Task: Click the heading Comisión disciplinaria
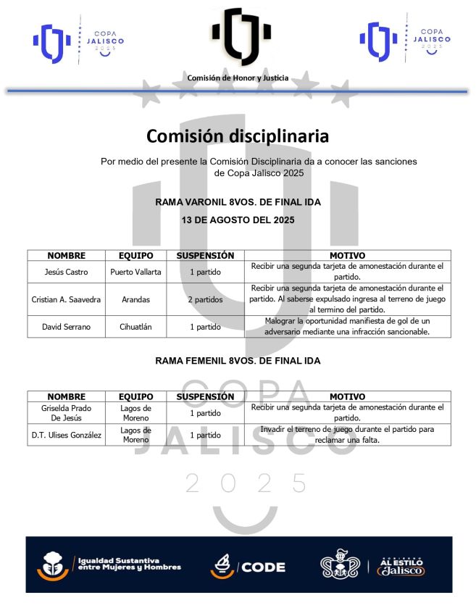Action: click(238, 136)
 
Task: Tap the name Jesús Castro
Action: click(66, 272)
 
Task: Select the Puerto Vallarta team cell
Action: click(135, 272)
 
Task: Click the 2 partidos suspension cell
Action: click(205, 299)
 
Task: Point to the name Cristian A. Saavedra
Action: click(66, 299)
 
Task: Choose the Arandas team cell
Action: click(135, 299)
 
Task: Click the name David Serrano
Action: click(66, 327)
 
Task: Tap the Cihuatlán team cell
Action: click(135, 327)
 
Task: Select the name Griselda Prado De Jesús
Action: click(66, 413)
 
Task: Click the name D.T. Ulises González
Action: click(66, 435)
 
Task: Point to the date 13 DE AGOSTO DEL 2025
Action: click(238, 220)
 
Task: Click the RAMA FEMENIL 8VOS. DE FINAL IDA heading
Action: click(238, 360)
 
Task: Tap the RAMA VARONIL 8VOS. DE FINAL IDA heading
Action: click(238, 202)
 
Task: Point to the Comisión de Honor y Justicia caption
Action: click(238, 78)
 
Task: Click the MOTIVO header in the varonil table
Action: click(347, 256)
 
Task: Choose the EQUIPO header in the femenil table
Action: click(135, 396)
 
